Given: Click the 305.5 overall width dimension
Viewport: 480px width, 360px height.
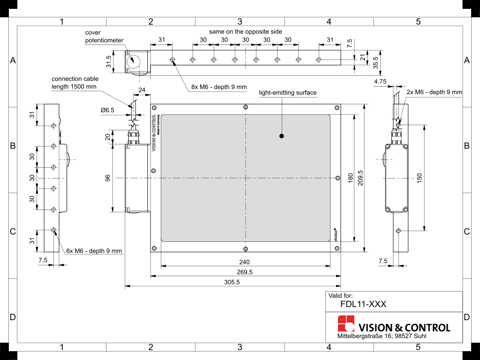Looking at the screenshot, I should (232, 282).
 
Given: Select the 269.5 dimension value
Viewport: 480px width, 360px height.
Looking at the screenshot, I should (245, 272).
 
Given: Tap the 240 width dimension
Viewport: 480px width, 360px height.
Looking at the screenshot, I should (245, 262).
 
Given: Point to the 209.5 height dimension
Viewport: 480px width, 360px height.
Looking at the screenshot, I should (360, 178).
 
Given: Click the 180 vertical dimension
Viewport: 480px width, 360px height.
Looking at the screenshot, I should (350, 178).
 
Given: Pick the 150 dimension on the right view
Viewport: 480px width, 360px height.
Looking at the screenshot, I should (420, 178).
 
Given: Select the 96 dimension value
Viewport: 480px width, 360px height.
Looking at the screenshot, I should (107, 178).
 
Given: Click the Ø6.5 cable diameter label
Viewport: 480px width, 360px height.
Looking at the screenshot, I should (107, 110).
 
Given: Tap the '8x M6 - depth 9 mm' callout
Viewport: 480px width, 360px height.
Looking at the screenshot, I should (218, 87).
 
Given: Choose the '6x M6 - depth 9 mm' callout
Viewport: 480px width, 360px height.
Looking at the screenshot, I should (94, 251).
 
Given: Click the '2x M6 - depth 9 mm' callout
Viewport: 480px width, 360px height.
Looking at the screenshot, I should (434, 92).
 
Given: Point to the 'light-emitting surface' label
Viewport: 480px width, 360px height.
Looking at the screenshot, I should (288, 93).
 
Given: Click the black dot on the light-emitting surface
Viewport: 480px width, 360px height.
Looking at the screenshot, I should (282, 136).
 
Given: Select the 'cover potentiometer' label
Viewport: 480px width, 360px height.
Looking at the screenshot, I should (104, 37).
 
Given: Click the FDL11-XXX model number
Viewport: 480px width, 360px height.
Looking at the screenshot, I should (364, 304).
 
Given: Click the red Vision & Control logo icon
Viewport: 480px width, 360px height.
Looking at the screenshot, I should (346, 324).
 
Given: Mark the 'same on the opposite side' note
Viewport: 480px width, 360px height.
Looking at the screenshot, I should (246, 31).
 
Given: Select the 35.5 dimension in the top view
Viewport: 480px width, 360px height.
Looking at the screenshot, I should (375, 62).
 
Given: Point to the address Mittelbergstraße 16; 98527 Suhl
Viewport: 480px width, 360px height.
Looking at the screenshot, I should (382, 337).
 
